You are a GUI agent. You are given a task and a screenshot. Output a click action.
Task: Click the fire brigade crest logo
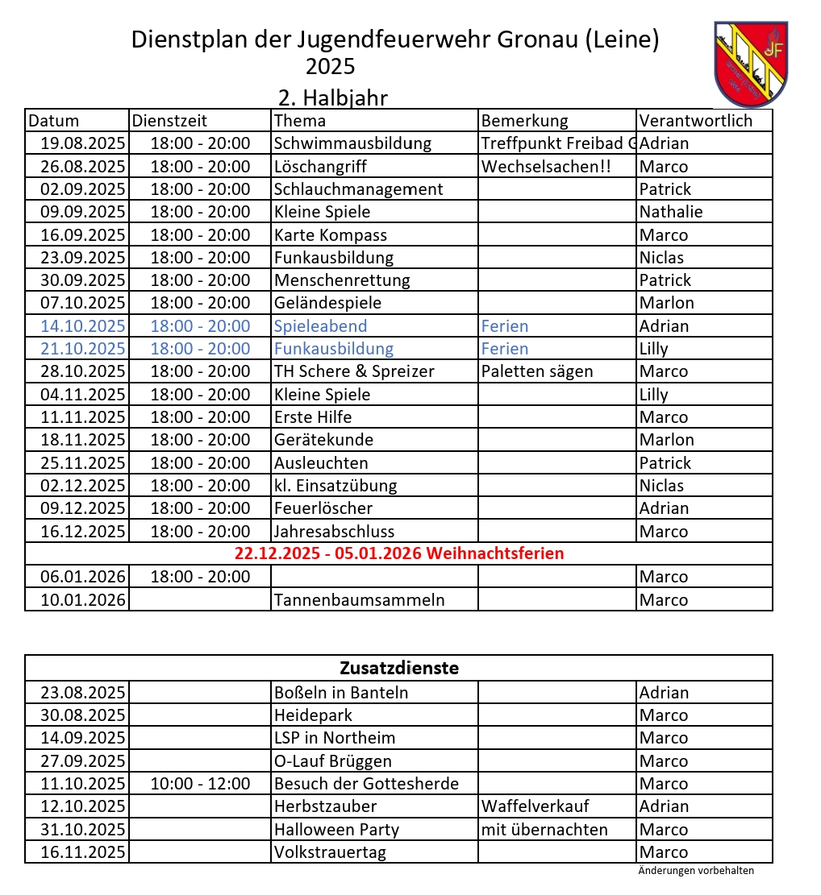point(751,64)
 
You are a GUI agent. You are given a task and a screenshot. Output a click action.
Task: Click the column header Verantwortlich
point(695,121)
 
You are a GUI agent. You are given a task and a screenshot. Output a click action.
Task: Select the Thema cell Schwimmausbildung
point(352,143)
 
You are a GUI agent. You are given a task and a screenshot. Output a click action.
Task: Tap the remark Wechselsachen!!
point(545,167)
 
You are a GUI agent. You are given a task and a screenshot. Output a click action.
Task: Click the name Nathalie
point(670,212)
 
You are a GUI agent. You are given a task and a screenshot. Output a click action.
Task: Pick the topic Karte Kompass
point(331,235)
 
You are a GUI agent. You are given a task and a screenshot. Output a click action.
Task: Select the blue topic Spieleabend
point(320,326)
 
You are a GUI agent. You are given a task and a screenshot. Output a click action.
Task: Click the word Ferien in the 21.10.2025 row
point(505,349)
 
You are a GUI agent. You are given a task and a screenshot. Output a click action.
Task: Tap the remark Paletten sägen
point(537,371)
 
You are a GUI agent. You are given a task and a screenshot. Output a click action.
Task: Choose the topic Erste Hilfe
point(313,417)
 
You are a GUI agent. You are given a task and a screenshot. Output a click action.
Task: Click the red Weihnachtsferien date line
point(399,553)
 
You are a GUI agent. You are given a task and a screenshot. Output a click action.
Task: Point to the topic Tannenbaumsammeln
point(359,600)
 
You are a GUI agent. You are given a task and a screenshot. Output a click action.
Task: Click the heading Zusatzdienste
point(399,668)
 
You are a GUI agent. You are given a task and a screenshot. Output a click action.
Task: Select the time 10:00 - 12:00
point(200,784)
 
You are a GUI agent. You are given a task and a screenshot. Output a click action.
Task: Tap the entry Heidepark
point(313,715)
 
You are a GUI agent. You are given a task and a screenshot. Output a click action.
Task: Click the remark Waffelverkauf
point(536,806)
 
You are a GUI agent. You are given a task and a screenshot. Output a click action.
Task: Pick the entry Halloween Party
point(336,830)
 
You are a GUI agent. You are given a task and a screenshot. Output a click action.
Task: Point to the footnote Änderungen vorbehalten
point(695,870)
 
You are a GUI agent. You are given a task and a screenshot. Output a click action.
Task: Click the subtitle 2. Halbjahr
point(333,98)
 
